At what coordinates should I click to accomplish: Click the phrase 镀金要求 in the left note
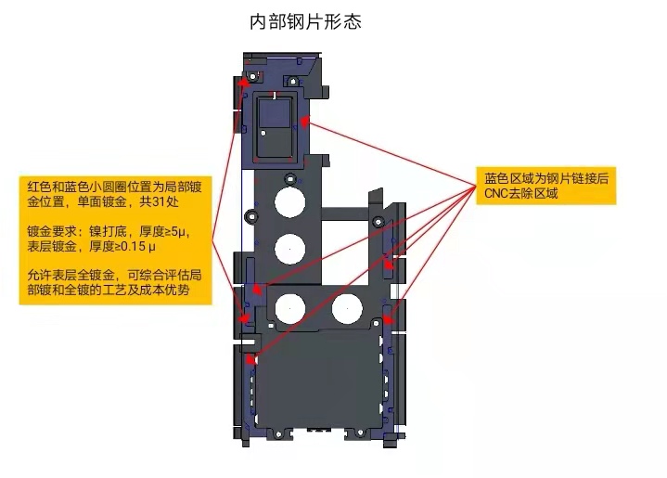[x=48, y=231]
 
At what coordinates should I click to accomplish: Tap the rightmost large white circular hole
[x=347, y=306]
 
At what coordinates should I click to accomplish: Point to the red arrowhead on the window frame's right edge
[x=304, y=121]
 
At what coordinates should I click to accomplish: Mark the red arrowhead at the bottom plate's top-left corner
[x=252, y=357]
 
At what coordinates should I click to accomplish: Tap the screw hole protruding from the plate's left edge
[x=249, y=217]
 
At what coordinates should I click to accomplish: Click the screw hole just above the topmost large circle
[x=290, y=177]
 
